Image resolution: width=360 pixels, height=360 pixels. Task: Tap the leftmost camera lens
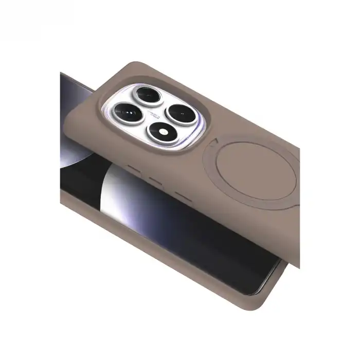126,110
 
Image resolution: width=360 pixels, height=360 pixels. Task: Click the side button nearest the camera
135,169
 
